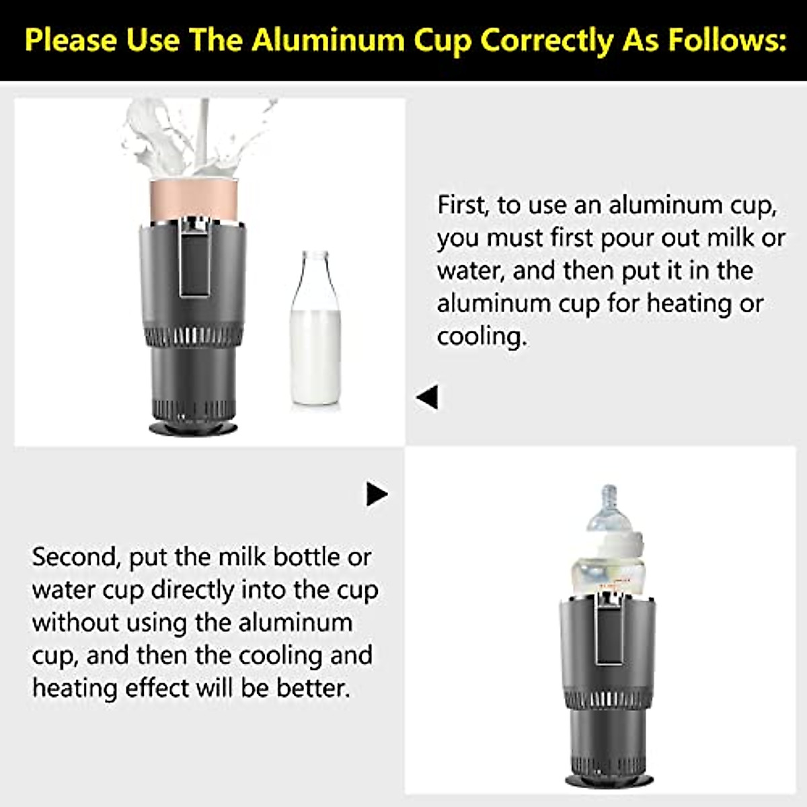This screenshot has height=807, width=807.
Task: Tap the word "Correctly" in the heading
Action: [545, 40]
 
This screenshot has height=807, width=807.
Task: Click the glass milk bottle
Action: [315, 336]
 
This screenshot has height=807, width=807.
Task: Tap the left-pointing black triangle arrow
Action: [428, 397]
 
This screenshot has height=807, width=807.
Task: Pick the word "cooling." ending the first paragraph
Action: [482, 336]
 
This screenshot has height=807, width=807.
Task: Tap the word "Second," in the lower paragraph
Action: [75, 558]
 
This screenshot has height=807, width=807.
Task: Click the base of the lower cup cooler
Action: [609, 780]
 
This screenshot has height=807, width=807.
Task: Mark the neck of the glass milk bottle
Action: [315, 269]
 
